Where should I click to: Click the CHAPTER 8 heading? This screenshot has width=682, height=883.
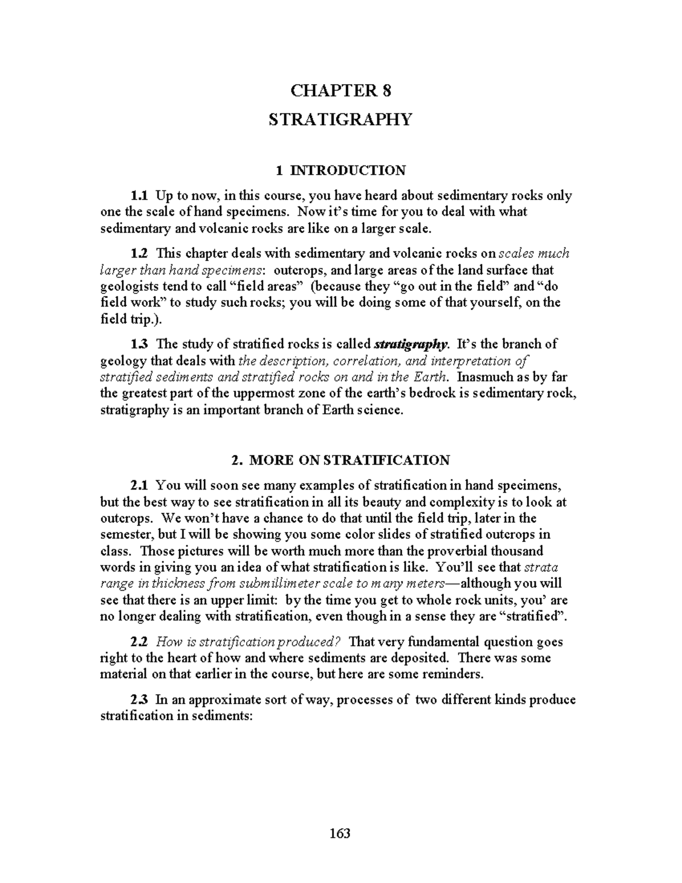point(340,90)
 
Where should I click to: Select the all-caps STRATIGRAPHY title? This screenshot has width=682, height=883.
point(340,119)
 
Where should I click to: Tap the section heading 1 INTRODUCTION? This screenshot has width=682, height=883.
point(340,170)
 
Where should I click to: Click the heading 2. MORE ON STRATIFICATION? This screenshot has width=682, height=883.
point(340,460)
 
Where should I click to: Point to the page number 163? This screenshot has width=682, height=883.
point(340,834)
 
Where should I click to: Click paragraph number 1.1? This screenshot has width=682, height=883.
point(139,196)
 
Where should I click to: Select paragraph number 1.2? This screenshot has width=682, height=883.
point(139,253)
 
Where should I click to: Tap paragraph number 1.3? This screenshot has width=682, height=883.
point(139,344)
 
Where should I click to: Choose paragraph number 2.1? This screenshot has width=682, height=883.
point(139,486)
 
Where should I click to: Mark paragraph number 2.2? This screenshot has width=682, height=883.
point(139,642)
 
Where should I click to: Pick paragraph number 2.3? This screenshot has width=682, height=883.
point(139,699)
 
